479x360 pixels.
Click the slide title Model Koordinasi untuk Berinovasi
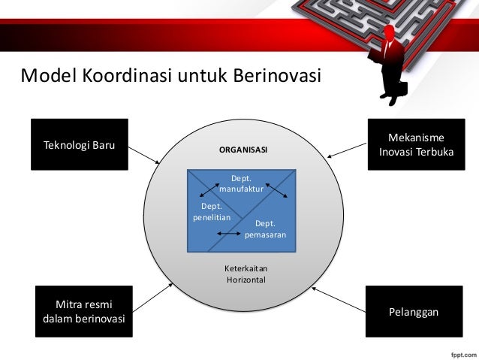tap(170, 77)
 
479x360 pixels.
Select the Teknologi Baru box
tap(79, 144)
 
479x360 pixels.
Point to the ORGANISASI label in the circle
tap(243, 150)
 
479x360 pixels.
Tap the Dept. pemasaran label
tap(264, 229)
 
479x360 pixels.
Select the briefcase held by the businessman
tap(397, 89)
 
